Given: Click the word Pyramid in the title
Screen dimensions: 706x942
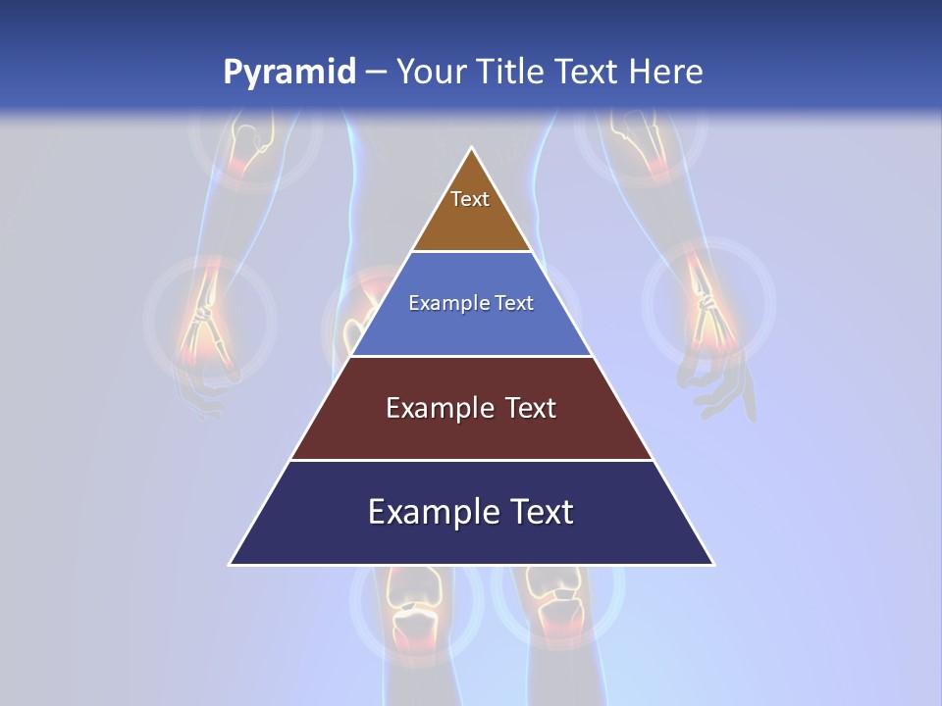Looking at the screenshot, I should coord(289,73).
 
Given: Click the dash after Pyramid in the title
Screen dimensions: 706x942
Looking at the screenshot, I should coord(376,73).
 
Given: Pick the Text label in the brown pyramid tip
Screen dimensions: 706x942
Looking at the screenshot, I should coord(470,199).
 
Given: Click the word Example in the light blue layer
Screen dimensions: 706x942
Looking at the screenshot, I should coord(442,303).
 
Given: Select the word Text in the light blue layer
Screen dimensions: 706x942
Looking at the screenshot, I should coord(514,303).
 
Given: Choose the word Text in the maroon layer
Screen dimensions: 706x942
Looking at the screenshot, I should coord(531,408).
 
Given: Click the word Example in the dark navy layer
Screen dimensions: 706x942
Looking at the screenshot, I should coord(422,512).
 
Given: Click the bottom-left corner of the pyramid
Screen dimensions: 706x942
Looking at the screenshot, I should coord(231,564).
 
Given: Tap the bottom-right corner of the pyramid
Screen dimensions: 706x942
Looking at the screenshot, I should coord(713,564).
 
